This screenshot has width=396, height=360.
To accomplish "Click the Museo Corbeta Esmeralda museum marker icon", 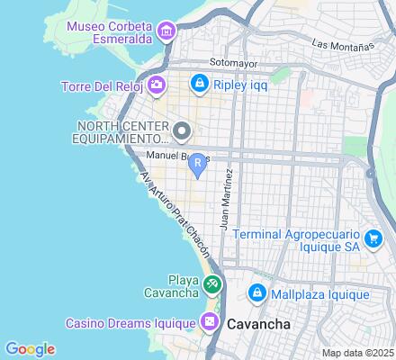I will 166,32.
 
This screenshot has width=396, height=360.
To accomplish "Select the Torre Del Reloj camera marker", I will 157,85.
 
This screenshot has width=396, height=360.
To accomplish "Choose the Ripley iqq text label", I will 240,86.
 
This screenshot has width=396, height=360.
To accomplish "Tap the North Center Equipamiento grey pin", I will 181,133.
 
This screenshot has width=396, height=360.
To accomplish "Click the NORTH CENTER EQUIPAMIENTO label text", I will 122,133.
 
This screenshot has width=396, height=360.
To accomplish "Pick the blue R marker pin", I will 197,163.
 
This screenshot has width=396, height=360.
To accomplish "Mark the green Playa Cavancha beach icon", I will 211,285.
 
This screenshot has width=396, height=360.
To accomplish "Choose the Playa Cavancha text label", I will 176,285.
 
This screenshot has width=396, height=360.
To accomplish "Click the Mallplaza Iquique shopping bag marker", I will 256,294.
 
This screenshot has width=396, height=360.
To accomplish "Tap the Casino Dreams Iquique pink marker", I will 210,321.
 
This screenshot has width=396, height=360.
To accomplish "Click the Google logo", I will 30,349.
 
